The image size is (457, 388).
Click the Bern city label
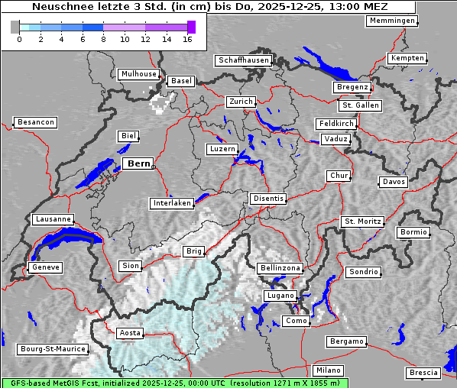click(x=138, y=163)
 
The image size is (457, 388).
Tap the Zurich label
click(x=240, y=102)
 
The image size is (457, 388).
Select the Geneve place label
click(x=44, y=267)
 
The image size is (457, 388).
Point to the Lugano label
click(x=280, y=296)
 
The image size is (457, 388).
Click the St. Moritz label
click(x=362, y=221)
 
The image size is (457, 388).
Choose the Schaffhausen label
click(x=243, y=60)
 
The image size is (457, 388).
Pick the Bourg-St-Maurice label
click(x=53, y=349)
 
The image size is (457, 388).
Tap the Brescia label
click(x=423, y=373)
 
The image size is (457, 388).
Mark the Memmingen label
click(x=392, y=21)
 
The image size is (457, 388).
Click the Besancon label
click(x=35, y=122)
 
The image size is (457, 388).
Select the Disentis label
click(x=267, y=199)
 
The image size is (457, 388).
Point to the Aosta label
click(x=130, y=333)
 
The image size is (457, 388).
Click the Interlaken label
click(x=172, y=203)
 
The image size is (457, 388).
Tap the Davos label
click(x=394, y=182)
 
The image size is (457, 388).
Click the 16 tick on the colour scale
click(x=188, y=39)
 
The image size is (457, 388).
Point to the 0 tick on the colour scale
click(x=19, y=39)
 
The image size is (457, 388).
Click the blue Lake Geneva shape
click(x=65, y=243)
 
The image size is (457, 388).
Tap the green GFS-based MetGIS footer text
click(x=174, y=383)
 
